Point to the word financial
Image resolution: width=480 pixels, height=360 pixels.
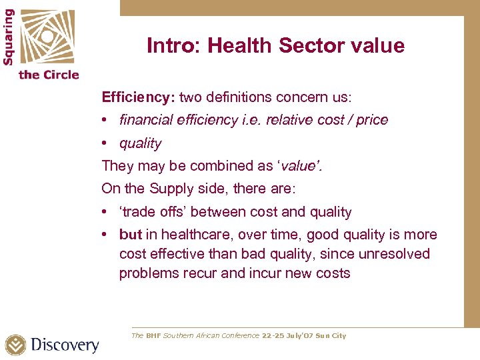pos(146,120)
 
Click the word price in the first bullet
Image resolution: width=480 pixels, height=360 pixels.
pos(372,120)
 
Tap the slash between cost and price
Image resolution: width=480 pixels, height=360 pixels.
pos(349,120)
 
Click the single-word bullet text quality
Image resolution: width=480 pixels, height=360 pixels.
pos(140,143)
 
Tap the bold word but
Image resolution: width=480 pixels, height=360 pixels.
pos(131,235)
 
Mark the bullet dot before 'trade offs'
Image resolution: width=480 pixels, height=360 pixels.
pos(105,212)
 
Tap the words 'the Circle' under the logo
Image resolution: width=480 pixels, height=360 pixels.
pos(49,75)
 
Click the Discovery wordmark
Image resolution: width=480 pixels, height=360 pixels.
pos(65,345)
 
